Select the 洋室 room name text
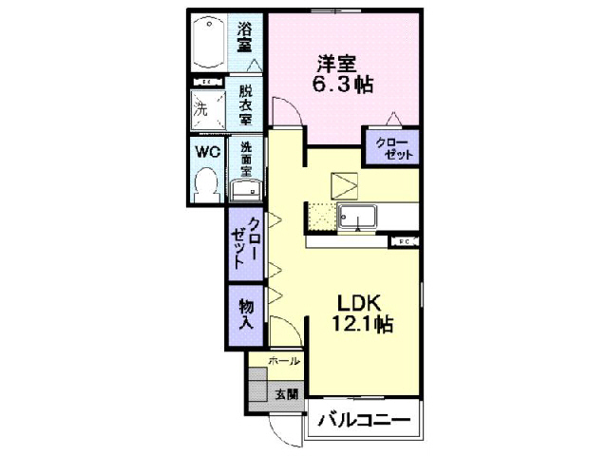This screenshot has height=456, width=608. coord(336,65)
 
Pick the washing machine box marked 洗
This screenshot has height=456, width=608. coord(206,109)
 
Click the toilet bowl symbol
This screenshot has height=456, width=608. coord(206,180)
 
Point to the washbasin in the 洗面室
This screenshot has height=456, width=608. coord(246,191)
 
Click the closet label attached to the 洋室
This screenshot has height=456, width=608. coord(391,148)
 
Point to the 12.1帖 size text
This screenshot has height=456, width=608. coord(362,325)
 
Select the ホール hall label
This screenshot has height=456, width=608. coord(284,362)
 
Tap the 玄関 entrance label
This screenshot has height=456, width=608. coord(286,392)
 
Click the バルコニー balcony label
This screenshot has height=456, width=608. coord(364,419)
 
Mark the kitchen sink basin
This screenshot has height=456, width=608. coord(359,218)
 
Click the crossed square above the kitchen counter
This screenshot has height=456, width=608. coord(342,184)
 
